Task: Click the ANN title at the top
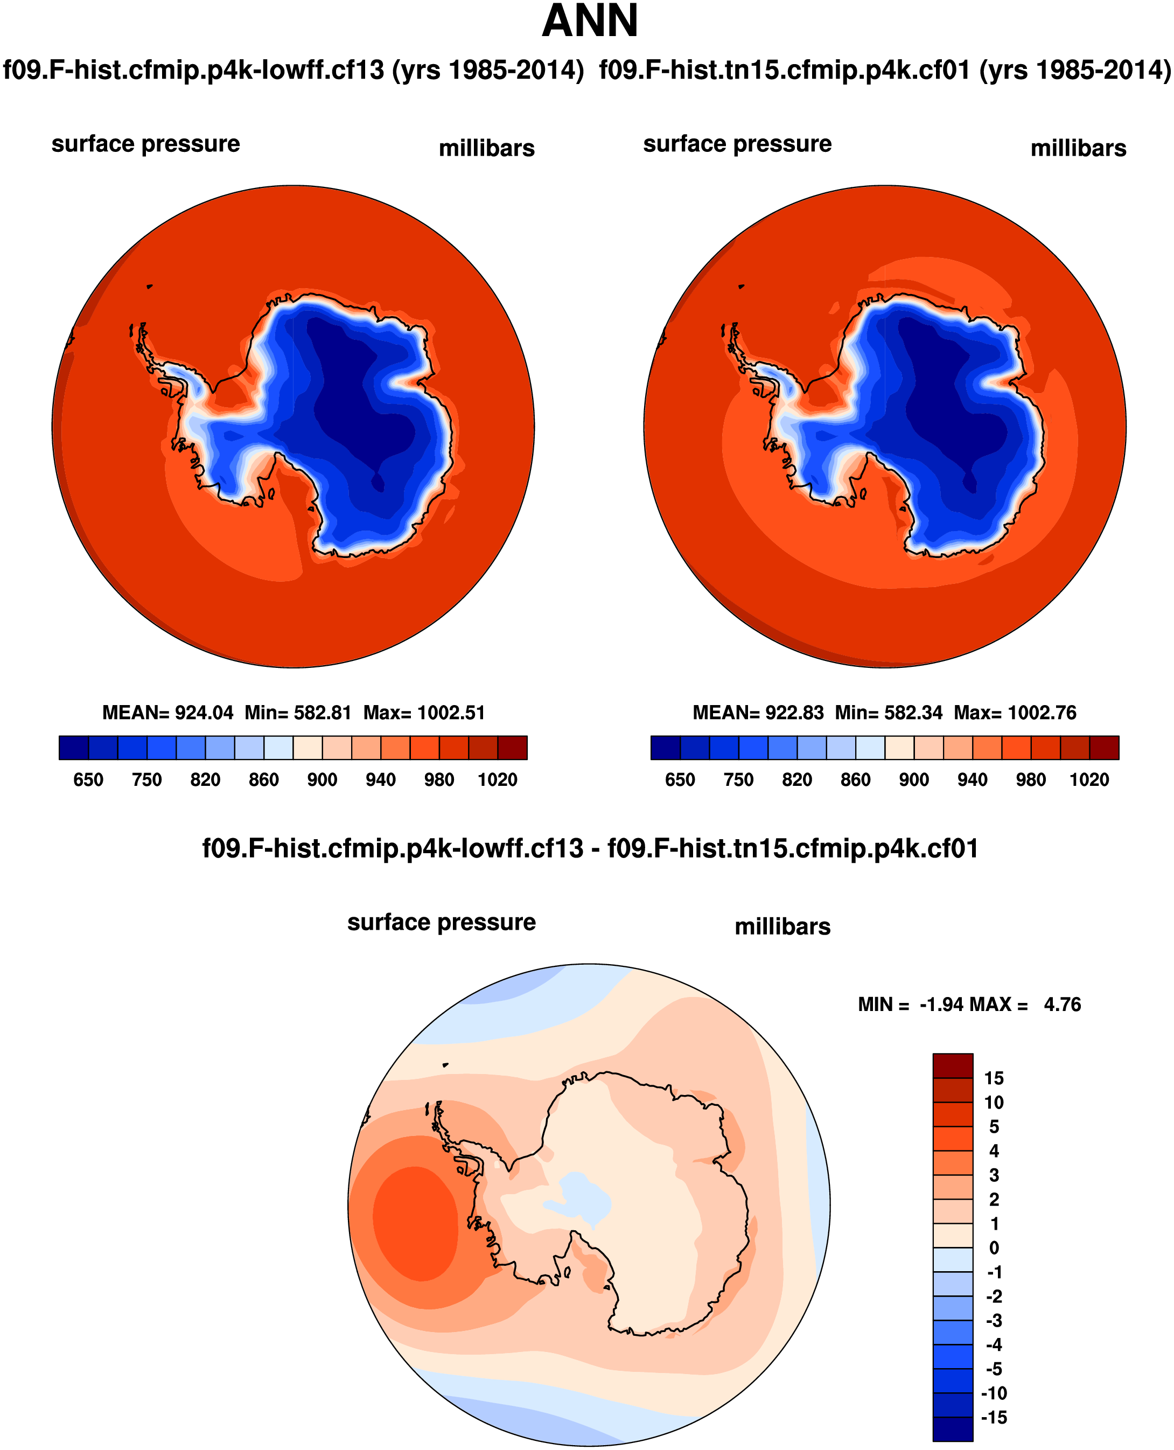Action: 590,22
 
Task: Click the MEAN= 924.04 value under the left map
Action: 167,713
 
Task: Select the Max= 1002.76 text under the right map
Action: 1015,713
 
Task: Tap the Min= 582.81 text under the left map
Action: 298,713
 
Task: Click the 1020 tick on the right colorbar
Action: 1089,780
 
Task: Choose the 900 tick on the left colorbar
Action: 322,780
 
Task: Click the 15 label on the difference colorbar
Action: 994,1078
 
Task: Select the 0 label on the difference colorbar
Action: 994,1248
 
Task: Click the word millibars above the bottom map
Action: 782,926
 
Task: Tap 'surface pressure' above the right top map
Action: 737,144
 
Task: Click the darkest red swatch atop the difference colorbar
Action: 952,1066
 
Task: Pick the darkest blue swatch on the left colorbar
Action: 73,747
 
